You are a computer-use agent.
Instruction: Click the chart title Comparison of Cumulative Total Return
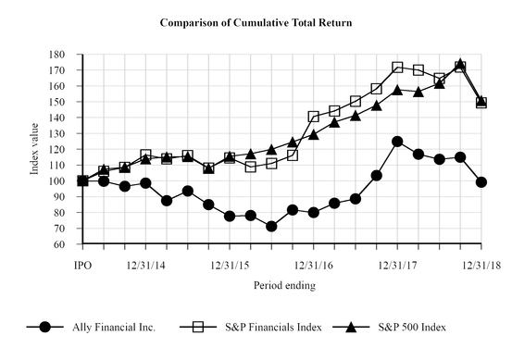(x=256, y=20)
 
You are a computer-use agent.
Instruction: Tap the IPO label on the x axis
(x=83, y=266)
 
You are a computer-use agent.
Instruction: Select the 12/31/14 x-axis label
(x=145, y=266)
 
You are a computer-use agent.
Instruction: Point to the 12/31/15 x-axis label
(x=230, y=266)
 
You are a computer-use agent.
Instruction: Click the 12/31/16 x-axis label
(x=314, y=266)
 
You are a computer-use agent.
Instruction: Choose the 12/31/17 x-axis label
(x=397, y=266)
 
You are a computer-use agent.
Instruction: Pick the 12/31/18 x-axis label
(x=480, y=266)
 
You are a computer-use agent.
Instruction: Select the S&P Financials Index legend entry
(x=255, y=327)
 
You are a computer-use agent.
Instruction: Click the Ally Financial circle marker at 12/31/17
(x=397, y=142)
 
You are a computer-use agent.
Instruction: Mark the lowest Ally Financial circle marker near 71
(x=271, y=227)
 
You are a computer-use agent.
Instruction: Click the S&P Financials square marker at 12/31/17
(x=397, y=68)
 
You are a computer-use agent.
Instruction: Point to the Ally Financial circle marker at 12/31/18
(x=481, y=182)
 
